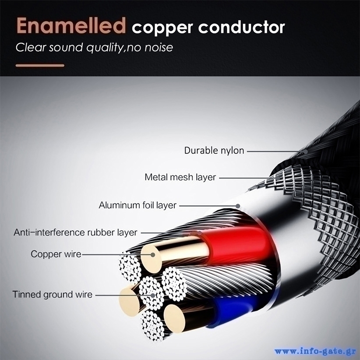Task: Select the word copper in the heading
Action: click(x=162, y=28)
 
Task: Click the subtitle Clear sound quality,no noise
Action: click(x=94, y=47)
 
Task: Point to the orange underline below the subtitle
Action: click(x=40, y=66)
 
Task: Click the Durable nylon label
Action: click(x=214, y=151)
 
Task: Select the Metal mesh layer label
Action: click(x=180, y=177)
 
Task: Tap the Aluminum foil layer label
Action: click(x=138, y=205)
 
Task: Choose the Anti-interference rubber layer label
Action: click(x=75, y=232)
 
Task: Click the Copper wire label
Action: click(x=56, y=254)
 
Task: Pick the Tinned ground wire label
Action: click(x=52, y=294)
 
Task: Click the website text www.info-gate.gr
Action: click(x=315, y=352)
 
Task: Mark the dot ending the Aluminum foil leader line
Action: click(x=238, y=205)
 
